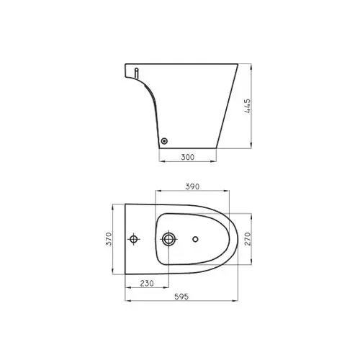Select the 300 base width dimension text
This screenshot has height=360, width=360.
187,156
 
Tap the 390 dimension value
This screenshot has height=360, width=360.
192,186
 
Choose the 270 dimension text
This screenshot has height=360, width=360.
247,238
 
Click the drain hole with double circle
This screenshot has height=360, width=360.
169,238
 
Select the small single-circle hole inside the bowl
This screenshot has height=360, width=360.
196,238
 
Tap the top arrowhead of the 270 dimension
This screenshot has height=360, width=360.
251,214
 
